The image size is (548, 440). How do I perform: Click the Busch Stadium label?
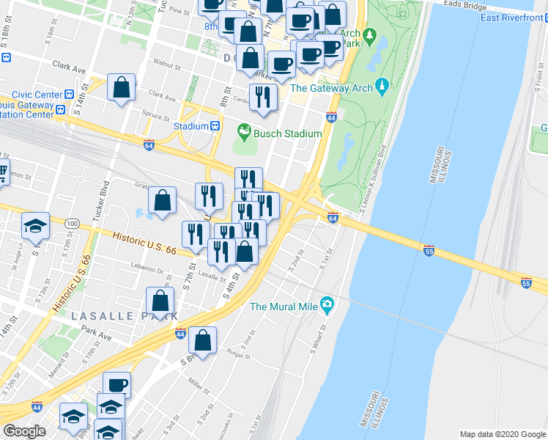pos(288,133)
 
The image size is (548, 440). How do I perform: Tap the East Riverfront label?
pos(511,18)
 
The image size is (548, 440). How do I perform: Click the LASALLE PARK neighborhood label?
pos(125,315)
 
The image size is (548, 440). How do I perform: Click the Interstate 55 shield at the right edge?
pos(525,282)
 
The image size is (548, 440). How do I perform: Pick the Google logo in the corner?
pos(25,430)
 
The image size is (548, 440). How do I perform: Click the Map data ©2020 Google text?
pos(502,434)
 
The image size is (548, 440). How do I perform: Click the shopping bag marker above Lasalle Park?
pos(160,301)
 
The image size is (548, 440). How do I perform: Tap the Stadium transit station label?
pos(191,126)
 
